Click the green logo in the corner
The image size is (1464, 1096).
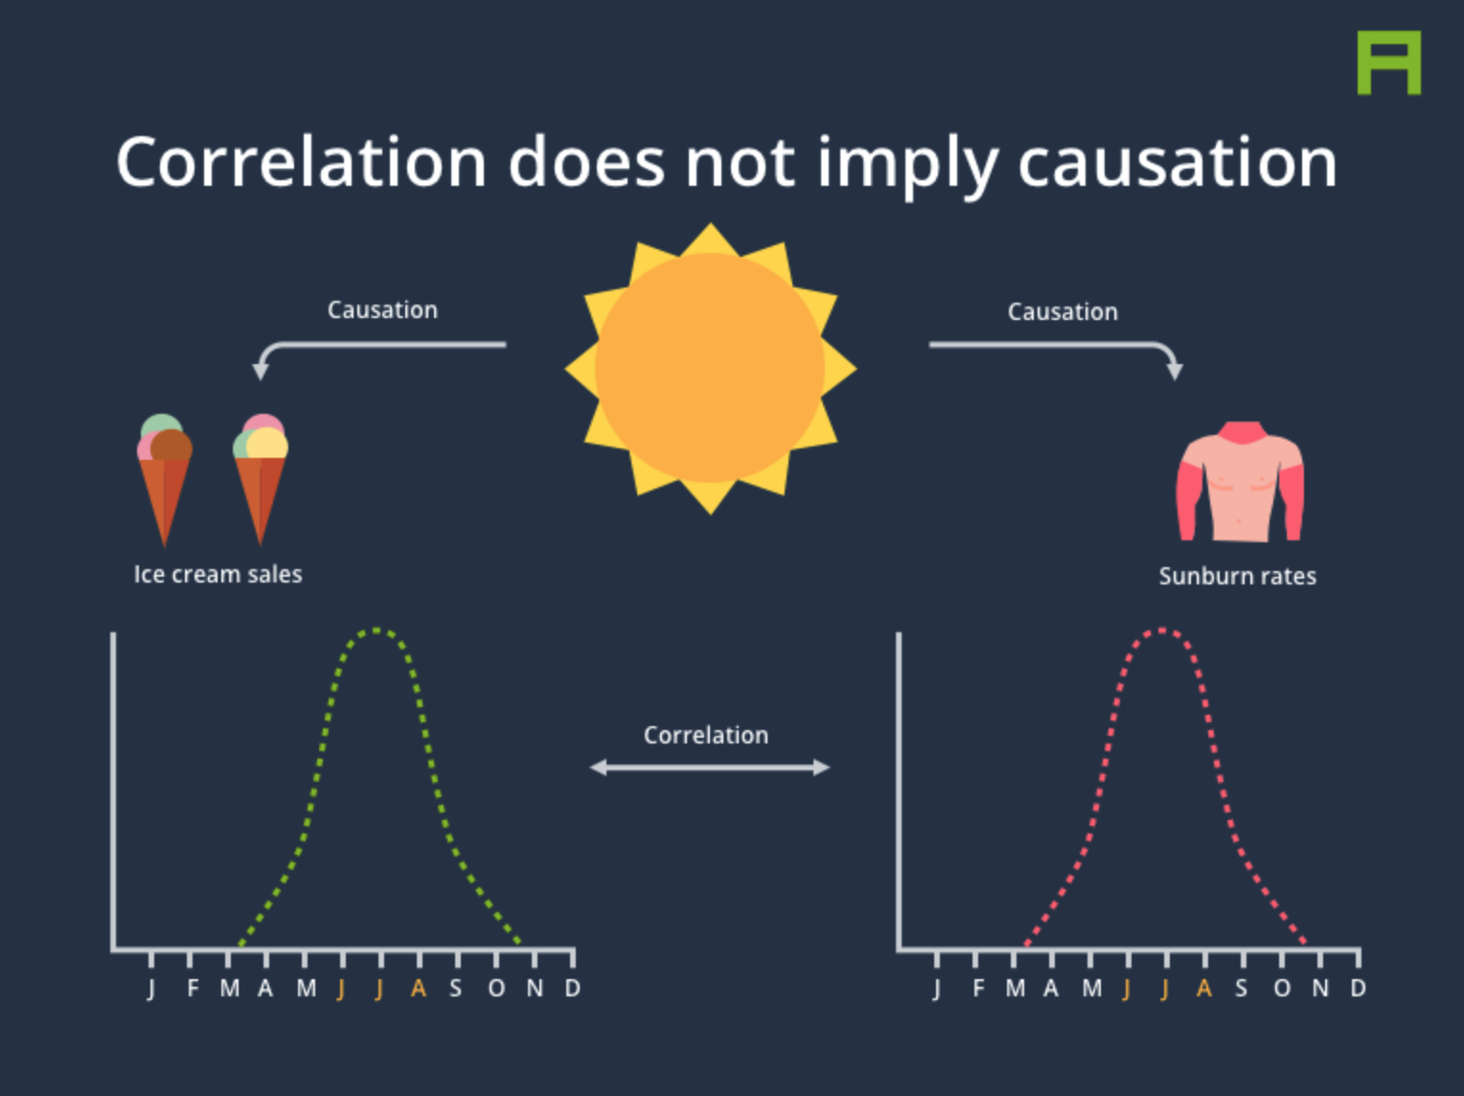click(1389, 62)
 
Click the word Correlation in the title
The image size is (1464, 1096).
click(302, 163)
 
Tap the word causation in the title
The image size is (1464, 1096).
click(1178, 163)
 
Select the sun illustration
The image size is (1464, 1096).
click(710, 369)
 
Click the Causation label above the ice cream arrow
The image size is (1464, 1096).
click(383, 310)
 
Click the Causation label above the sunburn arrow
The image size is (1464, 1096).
click(1064, 312)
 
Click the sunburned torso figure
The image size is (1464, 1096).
click(1239, 481)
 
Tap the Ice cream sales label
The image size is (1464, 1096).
click(218, 575)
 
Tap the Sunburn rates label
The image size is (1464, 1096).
click(1238, 576)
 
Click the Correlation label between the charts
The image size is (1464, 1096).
click(706, 736)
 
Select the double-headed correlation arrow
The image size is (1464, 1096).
click(710, 767)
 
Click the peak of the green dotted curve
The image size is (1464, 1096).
click(377, 630)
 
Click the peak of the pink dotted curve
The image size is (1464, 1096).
click(1162, 630)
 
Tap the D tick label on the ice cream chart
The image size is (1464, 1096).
click(572, 988)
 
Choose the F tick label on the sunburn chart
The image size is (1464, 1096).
click(978, 988)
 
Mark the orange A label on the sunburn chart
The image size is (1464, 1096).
click(1204, 988)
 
